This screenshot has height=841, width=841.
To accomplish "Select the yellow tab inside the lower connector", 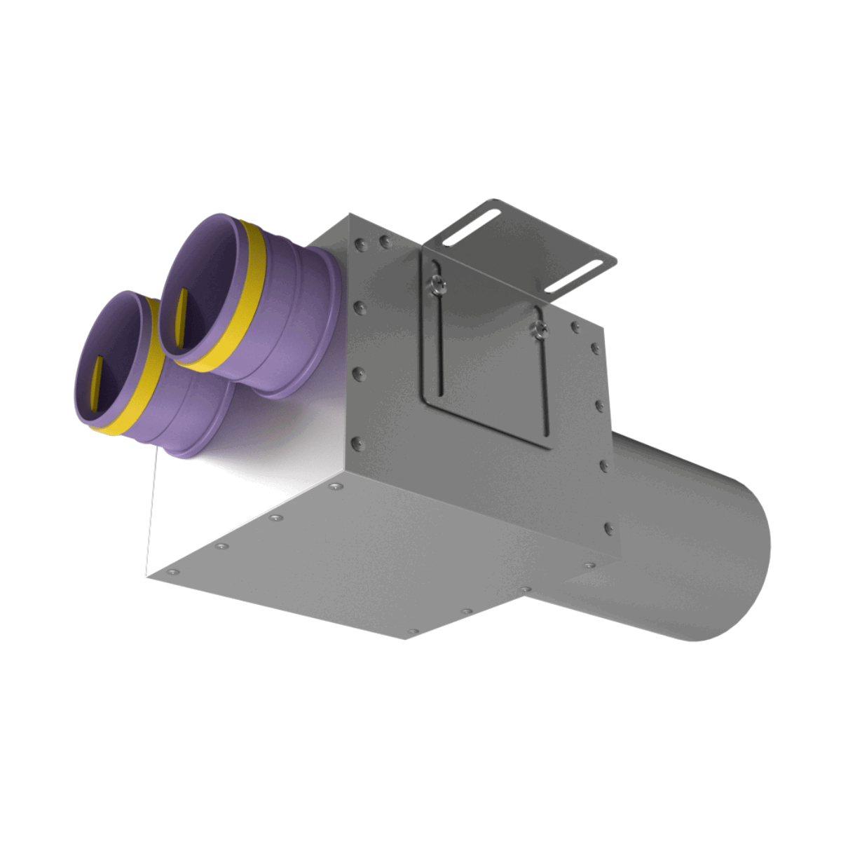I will [x=97, y=385].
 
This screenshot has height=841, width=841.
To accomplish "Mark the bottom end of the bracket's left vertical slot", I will [x=441, y=400].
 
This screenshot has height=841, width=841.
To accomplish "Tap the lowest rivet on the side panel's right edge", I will [x=608, y=526].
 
